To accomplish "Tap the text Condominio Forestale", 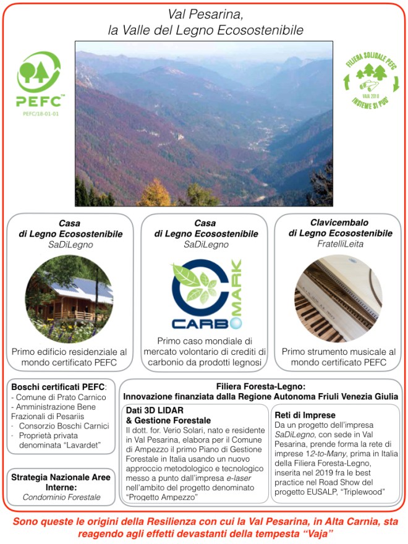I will [x=61, y=496].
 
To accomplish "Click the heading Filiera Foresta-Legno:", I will [x=261, y=385].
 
